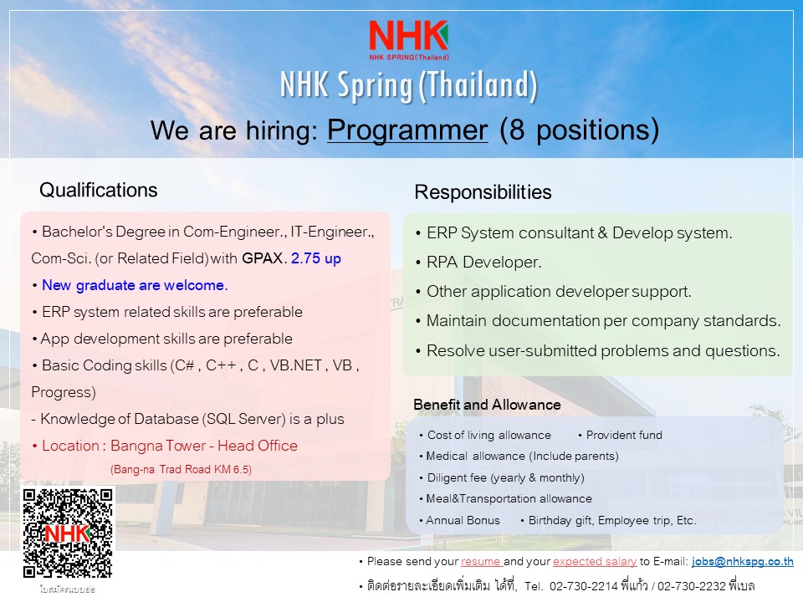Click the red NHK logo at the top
pos(409,40)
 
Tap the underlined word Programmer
pos(407,130)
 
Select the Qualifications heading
pos(99,190)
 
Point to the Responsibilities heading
pos(483,192)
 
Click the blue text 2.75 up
pos(316,258)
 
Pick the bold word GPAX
pos(262,258)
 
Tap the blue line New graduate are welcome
pos(135,285)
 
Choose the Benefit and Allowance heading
pos(487,405)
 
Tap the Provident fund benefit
pos(624,435)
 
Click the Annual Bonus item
pos(463,520)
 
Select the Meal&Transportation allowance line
pos(509,498)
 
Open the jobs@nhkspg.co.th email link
pos(743,562)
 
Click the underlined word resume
pos(481,562)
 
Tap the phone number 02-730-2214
pos(584,586)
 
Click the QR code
pos(67,533)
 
